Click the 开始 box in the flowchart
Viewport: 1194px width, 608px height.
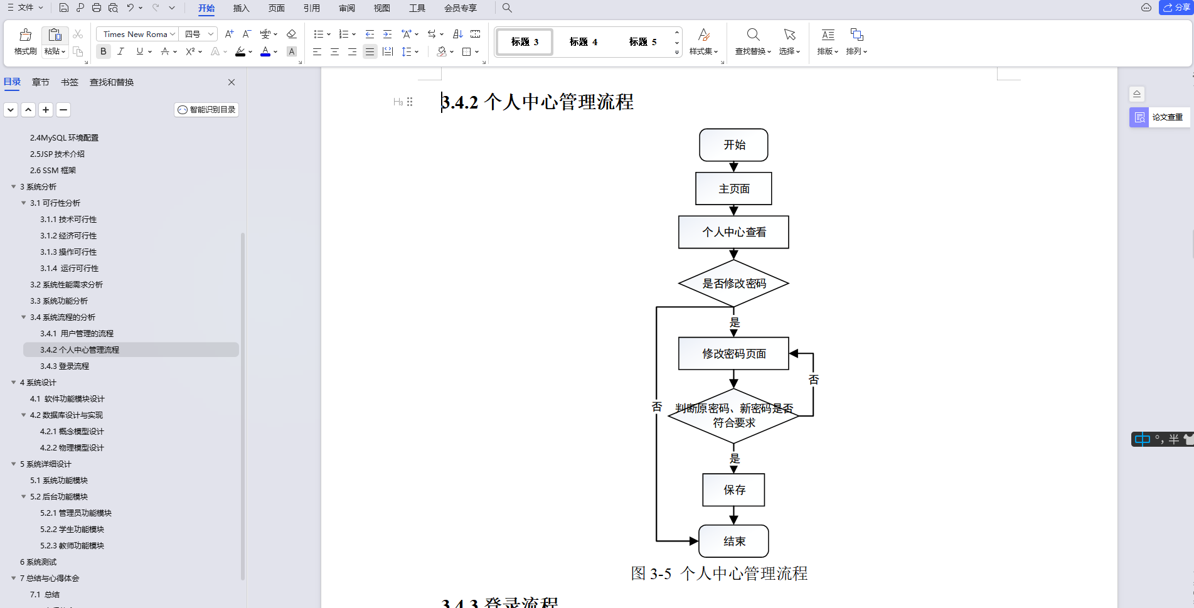[x=733, y=145]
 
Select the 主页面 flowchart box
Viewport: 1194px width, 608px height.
[x=733, y=189]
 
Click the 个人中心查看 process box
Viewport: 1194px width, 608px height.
[x=733, y=232]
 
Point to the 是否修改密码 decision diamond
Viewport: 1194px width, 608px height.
[x=733, y=284]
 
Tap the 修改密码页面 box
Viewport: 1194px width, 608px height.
[x=733, y=354]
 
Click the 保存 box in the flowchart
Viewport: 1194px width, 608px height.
[x=733, y=490]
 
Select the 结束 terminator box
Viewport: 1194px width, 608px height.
[x=733, y=541]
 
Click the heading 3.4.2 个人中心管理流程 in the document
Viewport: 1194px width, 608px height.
[x=538, y=102]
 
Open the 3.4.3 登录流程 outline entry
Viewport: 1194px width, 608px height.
[x=65, y=366]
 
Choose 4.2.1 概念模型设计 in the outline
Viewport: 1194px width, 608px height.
[x=72, y=432]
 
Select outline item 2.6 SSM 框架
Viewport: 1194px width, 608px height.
[x=53, y=171]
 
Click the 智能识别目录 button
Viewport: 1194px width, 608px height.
[x=206, y=110]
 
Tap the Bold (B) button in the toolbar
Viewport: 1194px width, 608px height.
[x=104, y=51]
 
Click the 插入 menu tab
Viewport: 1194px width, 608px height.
[x=241, y=8]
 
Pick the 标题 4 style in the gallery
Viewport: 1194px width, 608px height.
[x=583, y=42]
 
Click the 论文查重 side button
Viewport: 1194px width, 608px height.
[x=1160, y=117]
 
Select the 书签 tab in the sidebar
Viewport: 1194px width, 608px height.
[x=70, y=82]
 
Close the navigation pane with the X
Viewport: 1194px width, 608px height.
[x=232, y=82]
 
